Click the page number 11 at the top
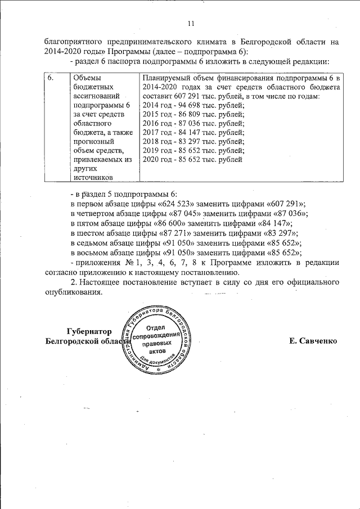tap(190, 23)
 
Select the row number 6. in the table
tap(51, 78)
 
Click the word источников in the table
tap(92, 177)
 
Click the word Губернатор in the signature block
tap(87, 331)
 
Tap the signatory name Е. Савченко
tap(312, 341)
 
